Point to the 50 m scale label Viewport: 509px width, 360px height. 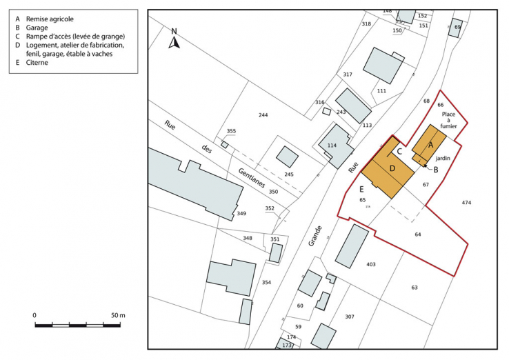coord(117,315)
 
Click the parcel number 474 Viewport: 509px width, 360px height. coord(466,203)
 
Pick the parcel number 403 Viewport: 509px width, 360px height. coord(370,264)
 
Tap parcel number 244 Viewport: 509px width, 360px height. coord(262,114)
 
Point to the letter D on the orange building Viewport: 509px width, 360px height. coord(392,169)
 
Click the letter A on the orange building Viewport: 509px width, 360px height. coord(431,146)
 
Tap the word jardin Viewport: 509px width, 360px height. coord(443,158)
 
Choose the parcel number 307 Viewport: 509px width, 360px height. coord(350,317)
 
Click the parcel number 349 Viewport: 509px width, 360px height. coord(241,214)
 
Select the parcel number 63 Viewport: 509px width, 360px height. coord(415,287)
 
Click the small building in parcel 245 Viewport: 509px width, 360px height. coord(287,157)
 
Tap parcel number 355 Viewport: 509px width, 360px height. coord(231,131)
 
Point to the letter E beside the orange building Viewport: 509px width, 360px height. coord(361,189)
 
